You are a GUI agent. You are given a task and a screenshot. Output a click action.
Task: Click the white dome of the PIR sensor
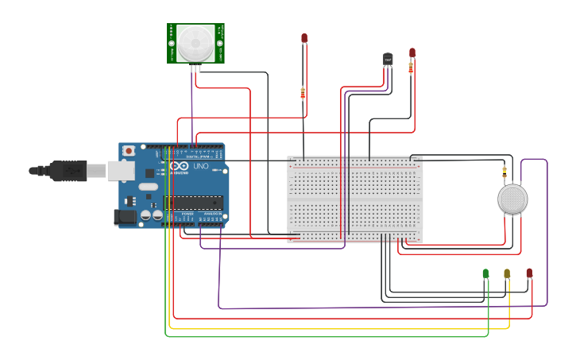195,42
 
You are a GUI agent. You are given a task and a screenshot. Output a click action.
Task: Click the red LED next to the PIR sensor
304,38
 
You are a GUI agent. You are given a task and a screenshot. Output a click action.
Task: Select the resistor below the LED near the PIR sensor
303,93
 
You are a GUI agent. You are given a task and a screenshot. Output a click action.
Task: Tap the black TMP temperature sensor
388,59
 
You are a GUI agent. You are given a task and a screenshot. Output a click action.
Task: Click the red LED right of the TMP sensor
412,52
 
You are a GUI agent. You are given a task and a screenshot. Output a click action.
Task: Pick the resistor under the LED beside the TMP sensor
411,68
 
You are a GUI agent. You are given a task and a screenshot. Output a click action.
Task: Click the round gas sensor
512,199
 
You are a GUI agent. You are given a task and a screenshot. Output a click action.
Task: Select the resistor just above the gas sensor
504,171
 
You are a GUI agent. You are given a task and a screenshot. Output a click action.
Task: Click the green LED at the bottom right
485,273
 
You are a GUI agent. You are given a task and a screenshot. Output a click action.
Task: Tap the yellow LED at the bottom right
507,273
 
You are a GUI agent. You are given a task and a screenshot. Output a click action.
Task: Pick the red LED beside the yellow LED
529,273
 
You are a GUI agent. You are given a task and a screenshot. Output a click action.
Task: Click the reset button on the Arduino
128,151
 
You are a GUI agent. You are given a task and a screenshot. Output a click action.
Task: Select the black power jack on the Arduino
125,216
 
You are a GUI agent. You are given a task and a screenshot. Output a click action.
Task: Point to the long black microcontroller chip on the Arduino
193,203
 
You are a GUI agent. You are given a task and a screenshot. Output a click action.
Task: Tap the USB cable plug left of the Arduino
68,170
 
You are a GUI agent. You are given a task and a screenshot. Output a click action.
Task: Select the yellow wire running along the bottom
318,328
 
